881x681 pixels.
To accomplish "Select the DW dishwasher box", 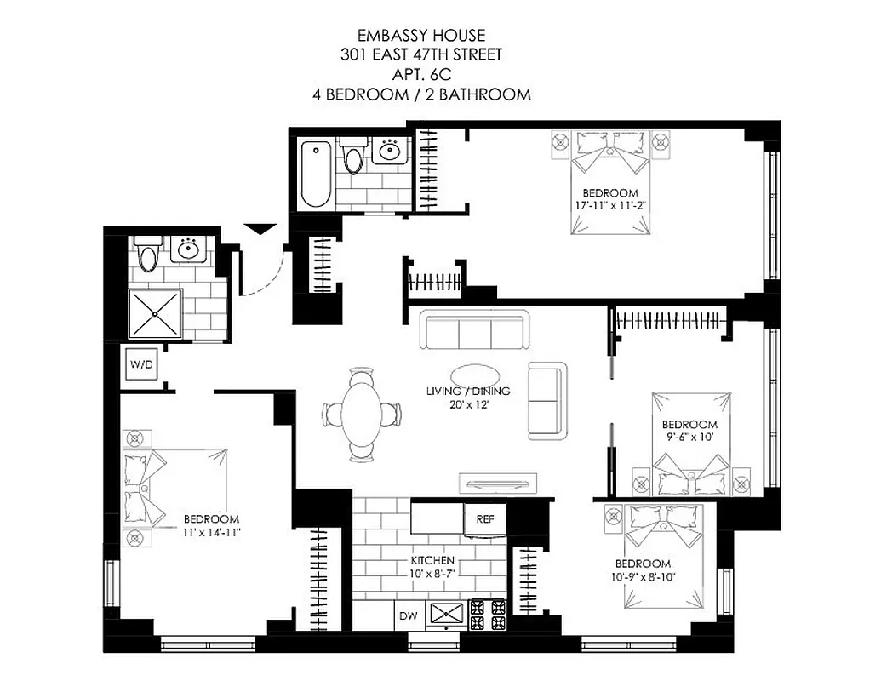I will tap(407, 615).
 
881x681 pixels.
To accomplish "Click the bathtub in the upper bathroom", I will tap(315, 174).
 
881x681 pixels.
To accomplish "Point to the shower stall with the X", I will tap(155, 312).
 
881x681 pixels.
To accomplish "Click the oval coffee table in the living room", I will tap(475, 375).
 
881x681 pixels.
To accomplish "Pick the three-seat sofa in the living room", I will tap(474, 330).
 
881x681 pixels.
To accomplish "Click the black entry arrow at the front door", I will tap(260, 229).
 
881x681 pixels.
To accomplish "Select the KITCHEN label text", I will tap(432, 561).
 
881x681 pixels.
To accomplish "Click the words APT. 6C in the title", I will tap(420, 74).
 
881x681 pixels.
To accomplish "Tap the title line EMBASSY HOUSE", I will tap(420, 36).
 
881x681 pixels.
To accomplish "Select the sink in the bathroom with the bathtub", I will tap(391, 152).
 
